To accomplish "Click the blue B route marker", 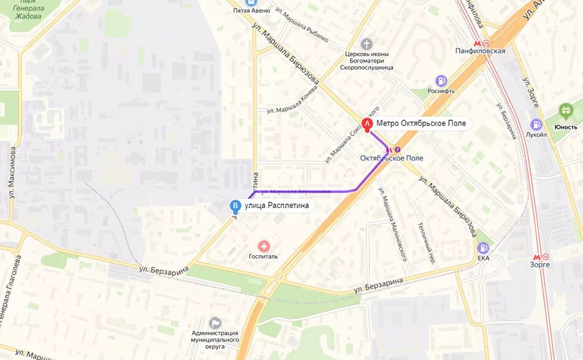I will tap(234, 206).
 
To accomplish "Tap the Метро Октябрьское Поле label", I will tap(421, 123).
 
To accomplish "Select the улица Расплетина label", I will tap(276, 206).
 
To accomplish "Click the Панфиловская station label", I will tap(481, 51).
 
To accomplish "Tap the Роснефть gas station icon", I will tap(441, 80).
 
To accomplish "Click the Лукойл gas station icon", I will tap(536, 124).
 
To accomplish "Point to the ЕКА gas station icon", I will tap(484, 248).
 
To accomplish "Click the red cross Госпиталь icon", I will tap(264, 246).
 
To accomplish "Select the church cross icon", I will tap(366, 44).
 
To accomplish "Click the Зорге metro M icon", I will tap(536, 255).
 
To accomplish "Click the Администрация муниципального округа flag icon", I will tap(215, 323).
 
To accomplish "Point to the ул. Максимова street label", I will tap(12, 175).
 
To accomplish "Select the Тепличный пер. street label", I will tap(427, 243).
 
